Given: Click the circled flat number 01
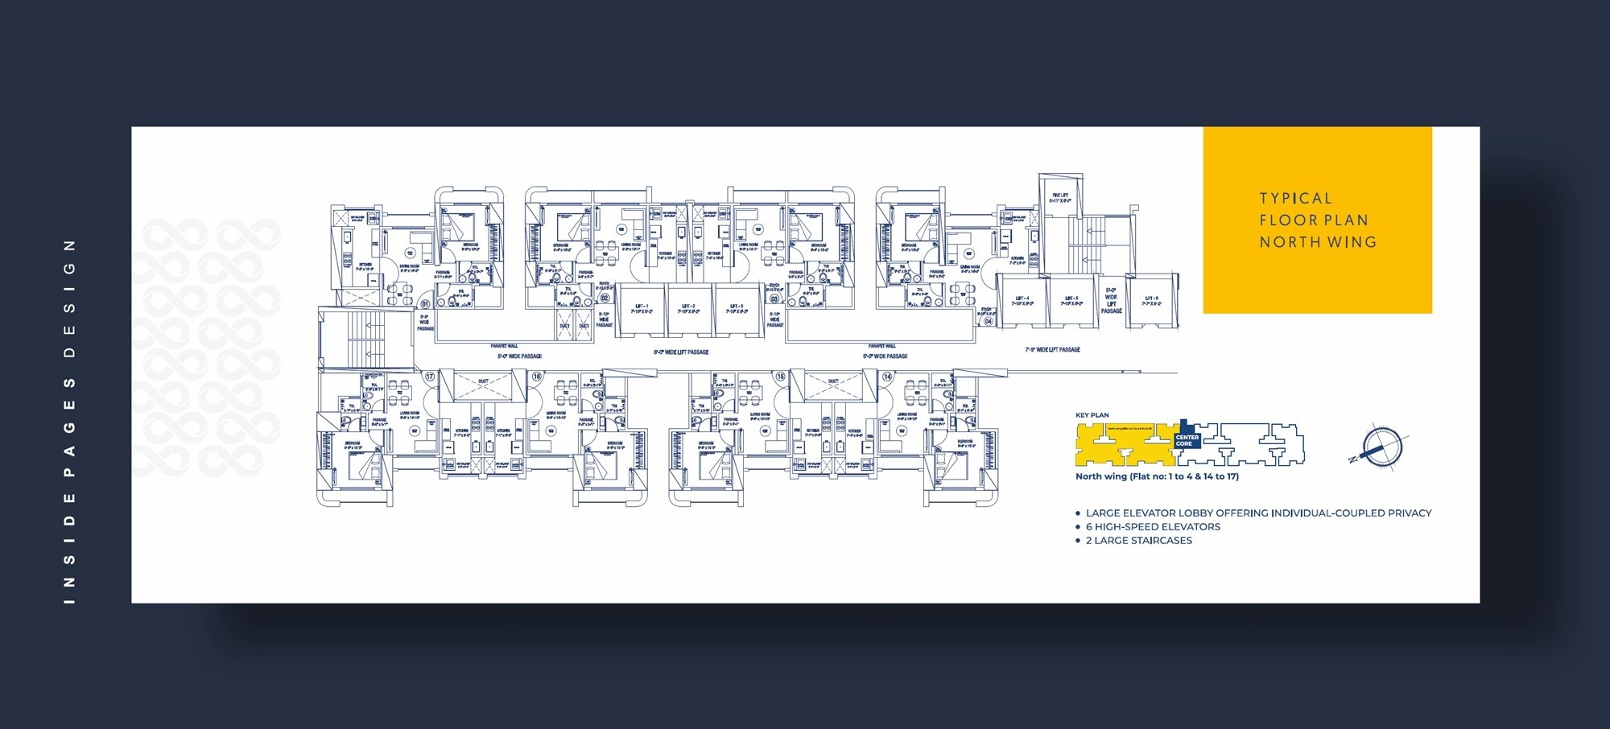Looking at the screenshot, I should point(425,304).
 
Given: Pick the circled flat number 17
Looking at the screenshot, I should point(430,377).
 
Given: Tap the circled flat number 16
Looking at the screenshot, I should point(537,377).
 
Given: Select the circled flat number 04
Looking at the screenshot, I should point(988,321).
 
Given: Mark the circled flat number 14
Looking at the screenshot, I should point(887,377).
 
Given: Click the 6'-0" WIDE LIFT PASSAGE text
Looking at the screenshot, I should point(681,352).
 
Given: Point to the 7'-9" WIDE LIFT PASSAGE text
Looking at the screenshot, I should point(1053,350).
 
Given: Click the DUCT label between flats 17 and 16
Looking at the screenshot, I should point(483,381).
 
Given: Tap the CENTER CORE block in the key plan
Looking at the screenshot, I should point(1187,440).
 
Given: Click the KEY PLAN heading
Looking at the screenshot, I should point(1092,415).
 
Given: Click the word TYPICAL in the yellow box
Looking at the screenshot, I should point(1295,199).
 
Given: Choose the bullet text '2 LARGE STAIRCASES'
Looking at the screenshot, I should point(1138,541).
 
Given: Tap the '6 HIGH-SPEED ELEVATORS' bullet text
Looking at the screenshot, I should point(1153,527).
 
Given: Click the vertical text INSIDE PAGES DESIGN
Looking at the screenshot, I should point(69,422).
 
